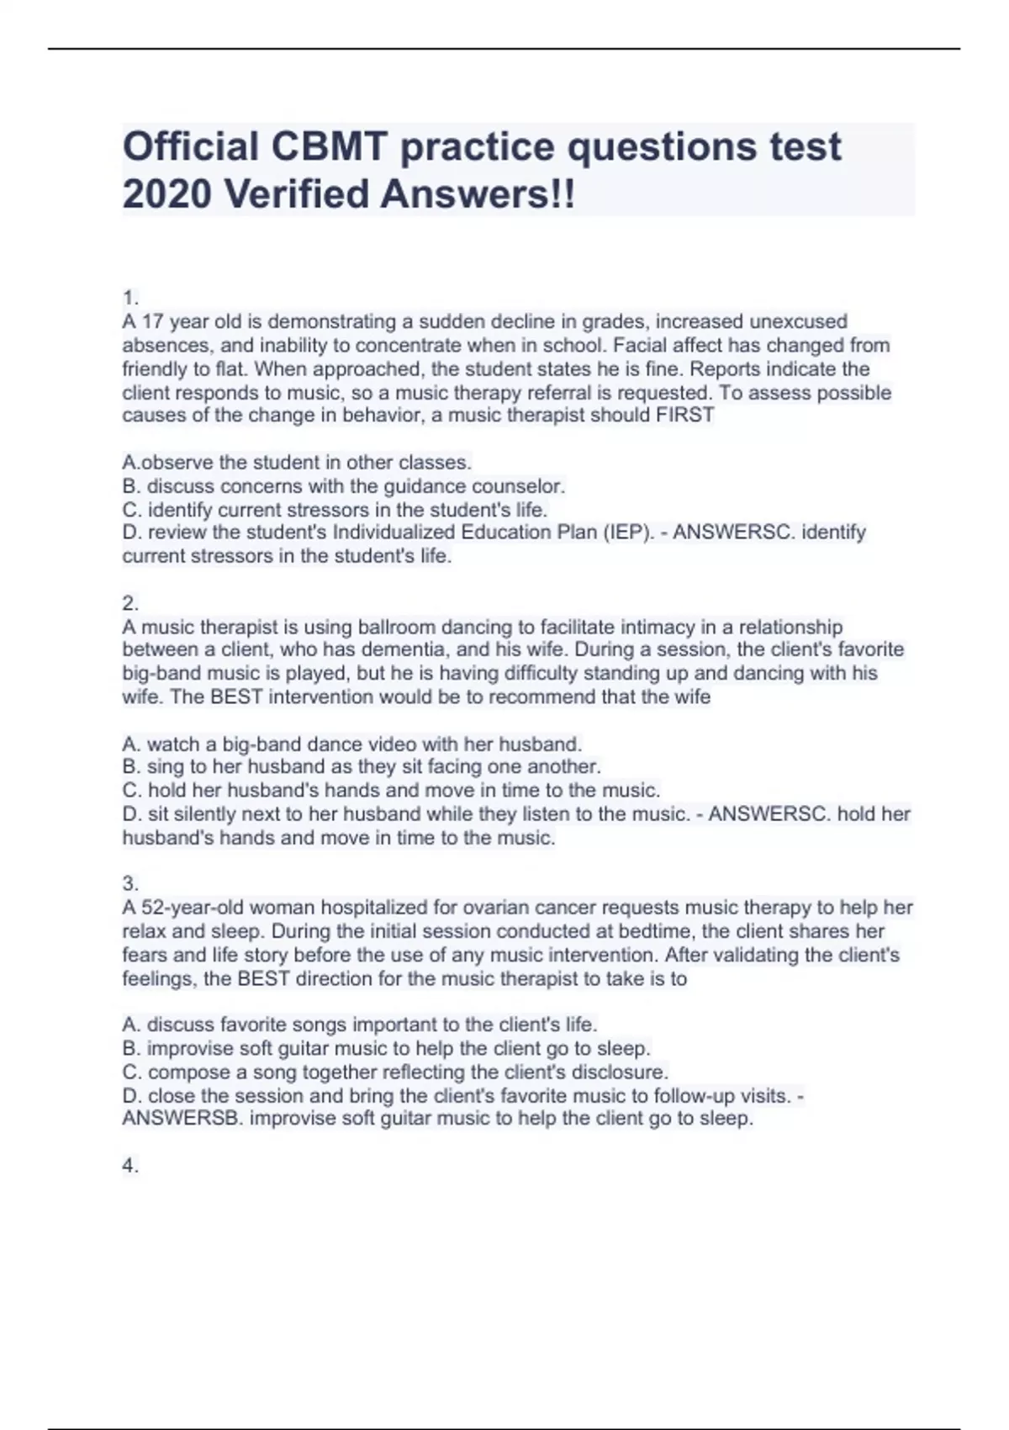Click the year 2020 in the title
(166, 194)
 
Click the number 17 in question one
(152, 321)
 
